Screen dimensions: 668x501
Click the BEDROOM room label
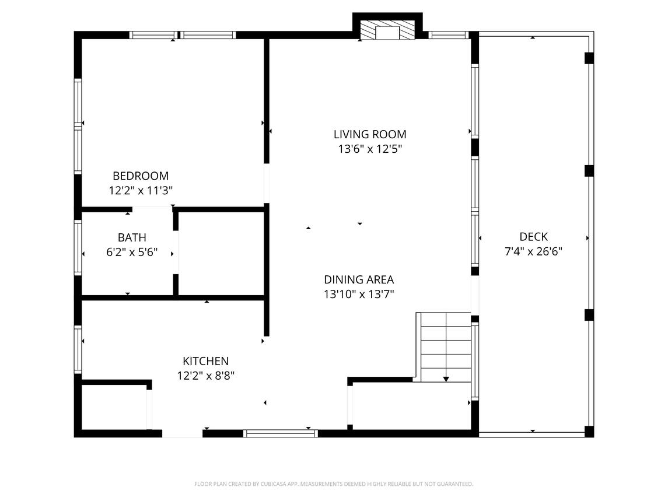(141, 176)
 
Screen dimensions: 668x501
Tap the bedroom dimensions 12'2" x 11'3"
(141, 191)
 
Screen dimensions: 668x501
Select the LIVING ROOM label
(370, 134)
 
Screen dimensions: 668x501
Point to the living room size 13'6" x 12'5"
(370, 149)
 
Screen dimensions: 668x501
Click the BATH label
(132, 237)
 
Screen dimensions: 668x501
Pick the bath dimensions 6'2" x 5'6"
(132, 252)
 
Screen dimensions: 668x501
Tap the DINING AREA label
(359, 279)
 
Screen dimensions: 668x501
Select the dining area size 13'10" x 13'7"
(359, 294)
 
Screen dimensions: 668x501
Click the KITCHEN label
(206, 361)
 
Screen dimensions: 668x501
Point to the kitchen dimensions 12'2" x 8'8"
(206, 376)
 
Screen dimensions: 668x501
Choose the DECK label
(533, 236)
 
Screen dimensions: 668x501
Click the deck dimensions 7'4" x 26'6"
(533, 251)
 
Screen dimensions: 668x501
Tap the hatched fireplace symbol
(388, 30)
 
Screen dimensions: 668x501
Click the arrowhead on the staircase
(446, 379)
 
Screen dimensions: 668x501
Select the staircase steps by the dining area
(446, 347)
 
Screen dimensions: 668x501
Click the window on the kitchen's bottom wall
(281, 433)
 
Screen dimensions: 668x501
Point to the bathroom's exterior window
(78, 247)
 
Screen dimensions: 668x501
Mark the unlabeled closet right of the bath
(221, 253)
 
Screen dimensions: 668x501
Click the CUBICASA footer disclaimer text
(334, 484)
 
